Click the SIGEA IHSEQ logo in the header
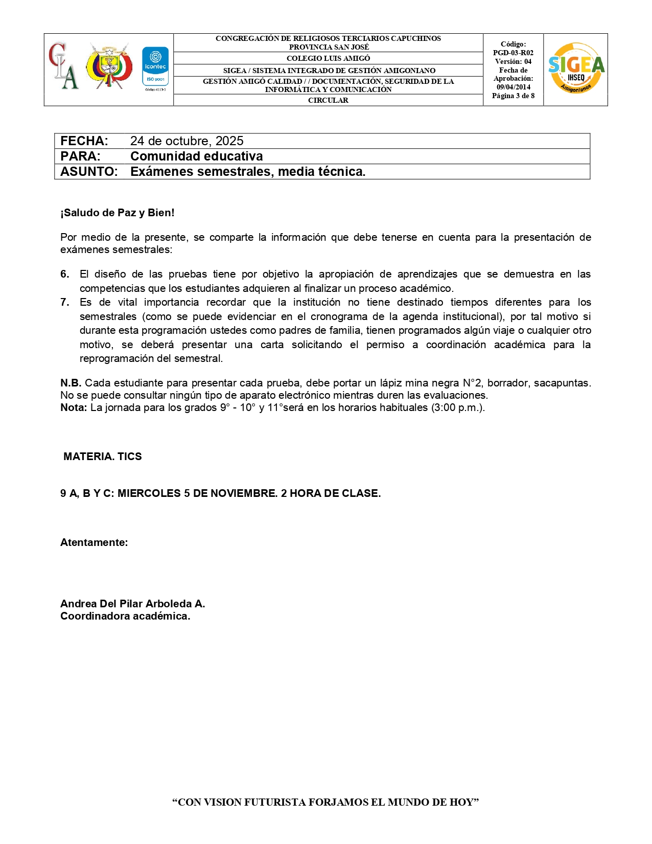[x=576, y=69]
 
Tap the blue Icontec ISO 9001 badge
[x=155, y=67]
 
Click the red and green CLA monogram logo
[x=63, y=66]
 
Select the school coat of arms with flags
[x=108, y=66]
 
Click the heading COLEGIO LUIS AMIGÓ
[x=328, y=58]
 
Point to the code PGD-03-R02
[x=513, y=53]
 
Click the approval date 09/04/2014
[x=513, y=87]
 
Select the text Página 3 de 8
[x=513, y=96]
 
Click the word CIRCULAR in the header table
[x=328, y=100]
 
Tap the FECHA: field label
[x=84, y=141]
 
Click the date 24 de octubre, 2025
[x=187, y=141]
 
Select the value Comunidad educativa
[x=197, y=156]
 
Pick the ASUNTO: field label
[x=89, y=172]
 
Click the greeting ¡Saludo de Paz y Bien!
[x=118, y=213]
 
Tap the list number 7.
[x=65, y=302]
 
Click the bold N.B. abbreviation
[x=71, y=383]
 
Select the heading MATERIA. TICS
[x=103, y=457]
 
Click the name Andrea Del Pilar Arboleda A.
[x=133, y=604]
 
